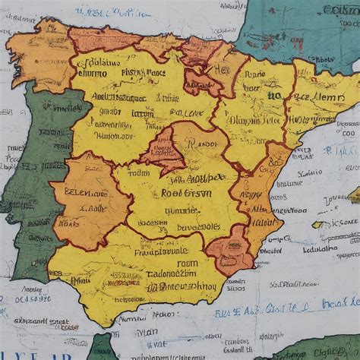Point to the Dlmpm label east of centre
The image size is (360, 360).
point(247,119)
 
